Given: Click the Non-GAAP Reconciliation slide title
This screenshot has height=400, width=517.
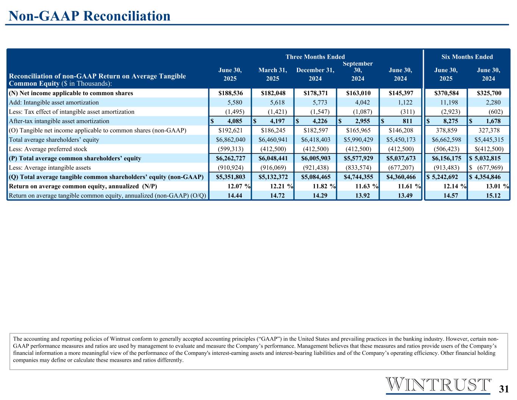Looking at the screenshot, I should point(89,16).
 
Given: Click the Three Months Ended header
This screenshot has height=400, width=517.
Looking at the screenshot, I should point(315,57).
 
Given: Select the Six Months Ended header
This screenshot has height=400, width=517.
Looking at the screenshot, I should point(467,57).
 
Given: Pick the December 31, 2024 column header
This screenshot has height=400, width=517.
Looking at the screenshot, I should point(315,74).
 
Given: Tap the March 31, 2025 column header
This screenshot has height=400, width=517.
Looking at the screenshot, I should point(273,74).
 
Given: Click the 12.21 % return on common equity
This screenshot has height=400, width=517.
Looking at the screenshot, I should point(276,186).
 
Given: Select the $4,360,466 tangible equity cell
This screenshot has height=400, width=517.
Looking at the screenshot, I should point(401,177).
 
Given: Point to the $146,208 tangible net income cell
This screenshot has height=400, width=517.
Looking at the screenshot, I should point(401,130).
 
